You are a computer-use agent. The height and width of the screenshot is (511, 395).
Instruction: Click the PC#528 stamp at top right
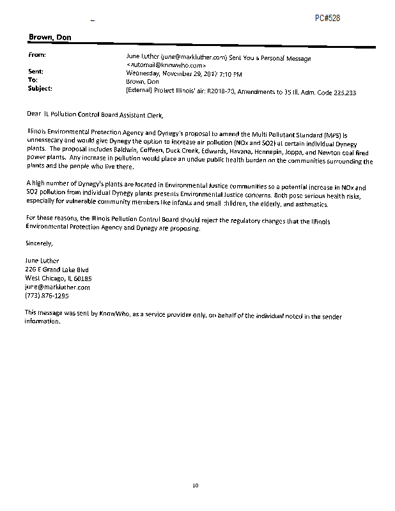pyautogui.click(x=327, y=18)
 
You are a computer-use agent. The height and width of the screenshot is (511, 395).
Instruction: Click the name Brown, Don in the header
pyautogui.click(x=50, y=38)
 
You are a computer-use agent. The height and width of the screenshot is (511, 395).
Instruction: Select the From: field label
pyautogui.click(x=37, y=56)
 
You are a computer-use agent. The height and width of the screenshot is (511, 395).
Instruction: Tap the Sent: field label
pyautogui.click(x=36, y=72)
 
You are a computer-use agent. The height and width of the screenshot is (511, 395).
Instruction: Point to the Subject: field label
pyautogui.click(x=40, y=88)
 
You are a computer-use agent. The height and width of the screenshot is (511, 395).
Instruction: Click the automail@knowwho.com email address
pyautogui.click(x=166, y=65)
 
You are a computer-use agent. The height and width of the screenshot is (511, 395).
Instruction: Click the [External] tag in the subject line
pyautogui.click(x=142, y=92)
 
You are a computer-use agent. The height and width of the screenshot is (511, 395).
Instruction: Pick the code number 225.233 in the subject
pyautogui.click(x=343, y=93)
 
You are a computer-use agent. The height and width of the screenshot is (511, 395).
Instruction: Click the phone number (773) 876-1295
pyautogui.click(x=47, y=296)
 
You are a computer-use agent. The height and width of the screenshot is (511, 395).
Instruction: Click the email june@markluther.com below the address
pyautogui.click(x=58, y=287)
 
